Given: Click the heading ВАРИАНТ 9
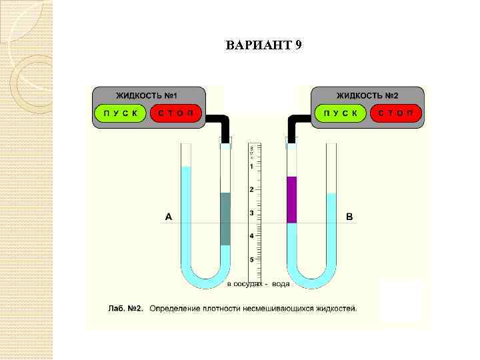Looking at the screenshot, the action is [x=264, y=46].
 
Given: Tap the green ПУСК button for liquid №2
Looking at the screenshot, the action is [x=341, y=113].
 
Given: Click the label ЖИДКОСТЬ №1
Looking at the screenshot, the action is [x=148, y=95].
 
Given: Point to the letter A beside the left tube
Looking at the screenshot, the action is [x=169, y=217].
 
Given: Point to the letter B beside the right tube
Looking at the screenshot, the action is [x=349, y=217].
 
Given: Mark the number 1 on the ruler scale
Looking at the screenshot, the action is [x=251, y=167].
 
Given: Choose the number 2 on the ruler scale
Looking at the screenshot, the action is [x=251, y=190].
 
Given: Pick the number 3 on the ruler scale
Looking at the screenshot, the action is [x=251, y=213].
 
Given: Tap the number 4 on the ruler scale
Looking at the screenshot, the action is [x=251, y=237].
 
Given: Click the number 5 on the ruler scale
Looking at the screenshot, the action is [x=251, y=259].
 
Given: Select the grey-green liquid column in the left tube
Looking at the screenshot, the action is [x=225, y=219].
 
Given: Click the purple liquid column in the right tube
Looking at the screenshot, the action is [x=291, y=200].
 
